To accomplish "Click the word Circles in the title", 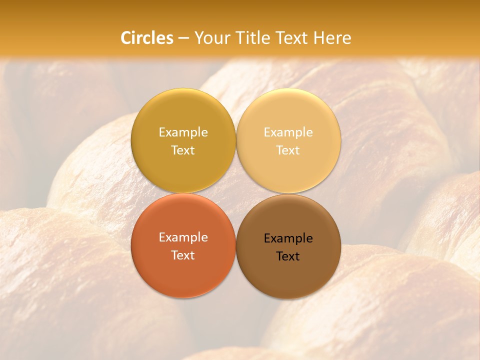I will point(146,38).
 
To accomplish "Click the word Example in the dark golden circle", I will point(183,132).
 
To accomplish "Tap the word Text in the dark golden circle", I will point(183,150).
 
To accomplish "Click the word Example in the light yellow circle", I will point(288,132).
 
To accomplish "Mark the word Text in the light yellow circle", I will point(288,150).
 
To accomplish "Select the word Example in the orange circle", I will point(183,237).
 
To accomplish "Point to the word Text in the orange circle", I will point(183,255).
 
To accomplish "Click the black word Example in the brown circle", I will point(288,238).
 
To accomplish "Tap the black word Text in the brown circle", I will point(288,256).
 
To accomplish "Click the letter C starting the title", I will point(125,38).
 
